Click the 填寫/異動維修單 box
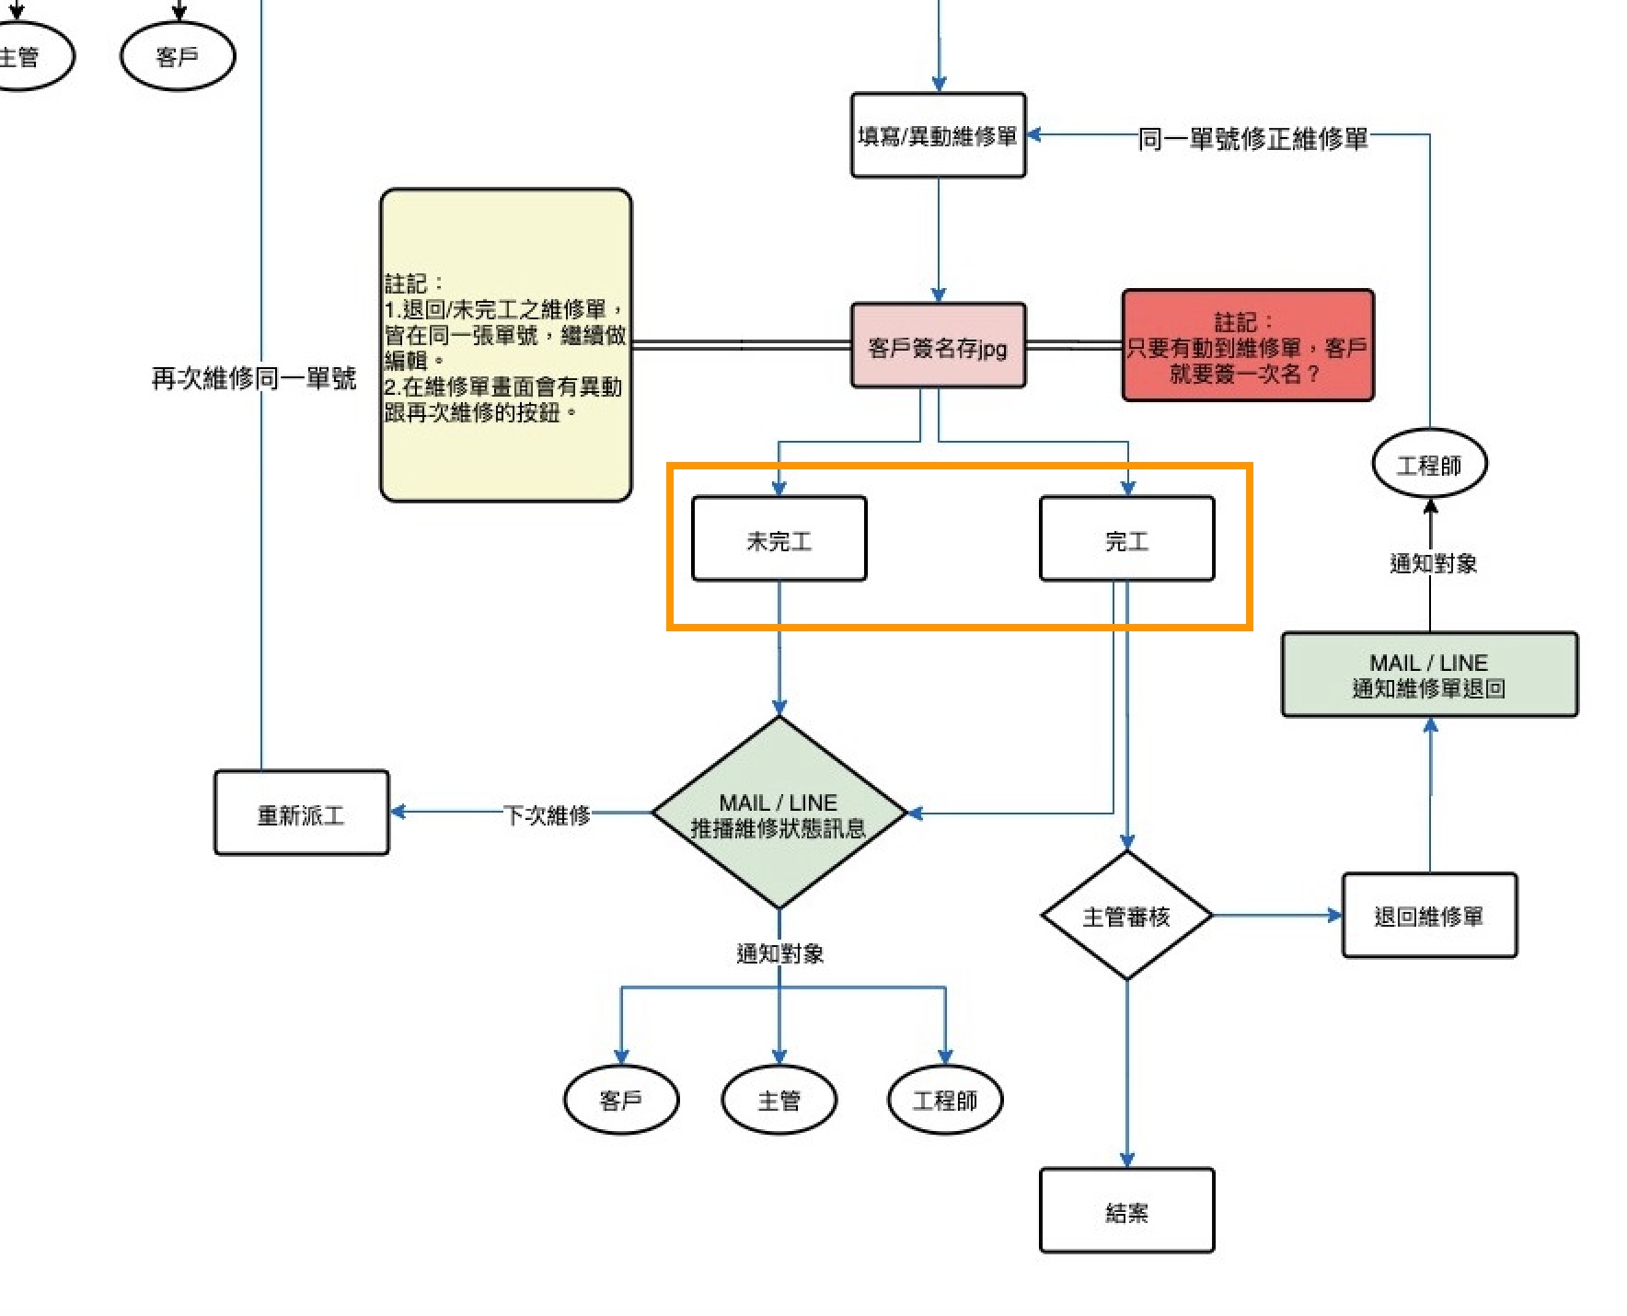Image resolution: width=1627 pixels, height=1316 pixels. tap(938, 135)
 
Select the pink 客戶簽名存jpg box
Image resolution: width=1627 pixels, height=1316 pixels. tap(938, 346)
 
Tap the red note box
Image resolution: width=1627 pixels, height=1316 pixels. tap(1247, 346)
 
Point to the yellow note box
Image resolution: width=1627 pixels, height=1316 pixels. tap(505, 345)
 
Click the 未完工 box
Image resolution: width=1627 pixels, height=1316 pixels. tap(779, 539)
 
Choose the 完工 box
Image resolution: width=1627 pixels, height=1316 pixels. tap(1126, 539)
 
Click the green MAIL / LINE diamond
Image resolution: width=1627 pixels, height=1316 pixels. tap(779, 814)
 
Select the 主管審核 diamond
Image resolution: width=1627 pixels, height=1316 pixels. tap(1126, 916)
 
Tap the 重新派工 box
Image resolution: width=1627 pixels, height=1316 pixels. tap(301, 814)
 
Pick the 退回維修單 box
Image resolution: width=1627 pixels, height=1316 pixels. tap(1429, 916)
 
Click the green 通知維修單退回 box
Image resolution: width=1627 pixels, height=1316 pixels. tap(1429, 675)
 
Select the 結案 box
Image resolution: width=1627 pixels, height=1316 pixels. tap(1126, 1211)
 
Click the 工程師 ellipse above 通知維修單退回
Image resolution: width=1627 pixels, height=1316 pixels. tap(1429, 464)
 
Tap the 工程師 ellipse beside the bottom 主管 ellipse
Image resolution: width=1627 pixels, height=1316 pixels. tap(944, 1100)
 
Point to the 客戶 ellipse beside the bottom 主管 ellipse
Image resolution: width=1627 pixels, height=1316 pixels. tap(621, 1100)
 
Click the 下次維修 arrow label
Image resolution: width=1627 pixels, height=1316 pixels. tap(547, 814)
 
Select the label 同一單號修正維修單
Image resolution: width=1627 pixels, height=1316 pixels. tap(1252, 138)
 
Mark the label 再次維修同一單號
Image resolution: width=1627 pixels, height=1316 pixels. tap(253, 377)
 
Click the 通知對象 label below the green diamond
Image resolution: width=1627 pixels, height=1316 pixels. tap(779, 953)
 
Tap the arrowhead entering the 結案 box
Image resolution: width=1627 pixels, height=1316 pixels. tap(1126, 1160)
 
